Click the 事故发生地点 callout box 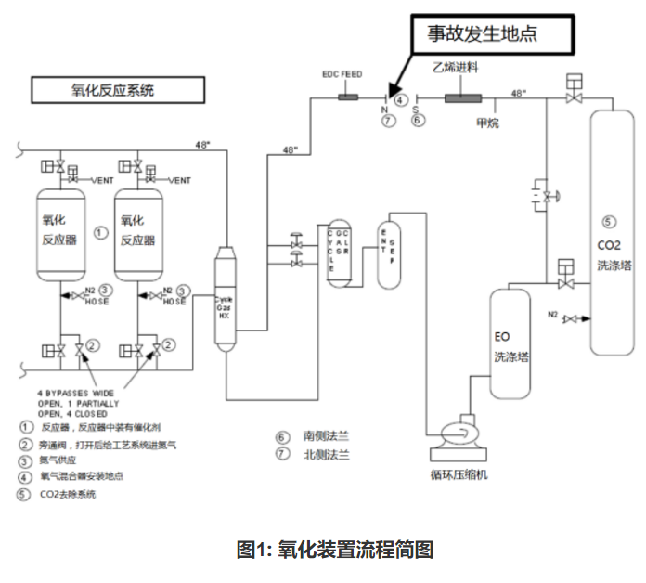pyautogui.click(x=489, y=34)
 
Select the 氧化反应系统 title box pyautogui.click(x=116, y=90)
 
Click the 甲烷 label pyautogui.click(x=487, y=122)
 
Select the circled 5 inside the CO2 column pyautogui.click(x=608, y=222)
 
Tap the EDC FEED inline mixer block pyautogui.click(x=351, y=97)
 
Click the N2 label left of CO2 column pyautogui.click(x=553, y=314)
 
